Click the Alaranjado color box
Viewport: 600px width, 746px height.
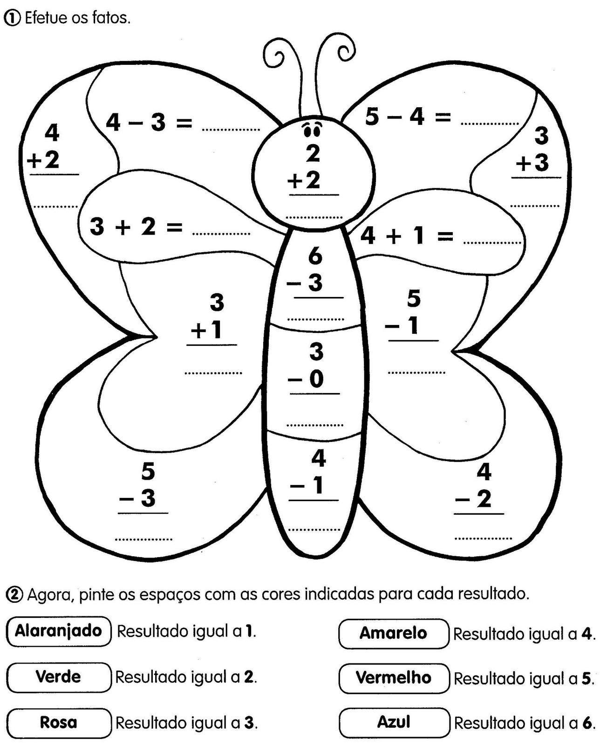pyautogui.click(x=59, y=631)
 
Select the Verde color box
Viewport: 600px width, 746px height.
pyautogui.click(x=59, y=677)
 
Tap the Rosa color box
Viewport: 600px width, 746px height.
pyautogui.click(x=59, y=723)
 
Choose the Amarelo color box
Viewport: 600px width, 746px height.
pyautogui.click(x=394, y=633)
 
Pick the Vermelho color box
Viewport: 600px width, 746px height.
pyautogui.click(x=394, y=678)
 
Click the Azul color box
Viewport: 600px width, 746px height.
pyautogui.click(x=394, y=723)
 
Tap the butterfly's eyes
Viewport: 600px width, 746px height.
pyautogui.click(x=312, y=130)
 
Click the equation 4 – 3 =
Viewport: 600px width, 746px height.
pyautogui.click(x=149, y=123)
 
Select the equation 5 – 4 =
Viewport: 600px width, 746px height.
pyautogui.click(x=408, y=117)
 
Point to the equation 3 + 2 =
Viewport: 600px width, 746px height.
pyautogui.click(x=136, y=228)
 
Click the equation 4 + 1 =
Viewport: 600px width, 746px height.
pyautogui.click(x=407, y=236)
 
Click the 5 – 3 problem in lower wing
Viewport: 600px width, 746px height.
pyautogui.click(x=144, y=486)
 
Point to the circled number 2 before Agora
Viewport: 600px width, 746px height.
pyautogui.click(x=14, y=594)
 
